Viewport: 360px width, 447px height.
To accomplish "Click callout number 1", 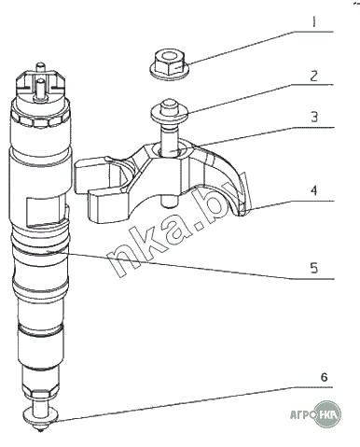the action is pos(313,21).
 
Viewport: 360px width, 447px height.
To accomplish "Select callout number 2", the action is pos(314,76).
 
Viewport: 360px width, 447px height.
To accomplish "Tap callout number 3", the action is pos(314,117).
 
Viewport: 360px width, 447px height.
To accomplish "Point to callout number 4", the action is pos(314,190).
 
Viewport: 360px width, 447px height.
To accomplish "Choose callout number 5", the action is pos(314,268).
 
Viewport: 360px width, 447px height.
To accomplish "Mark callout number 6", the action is pos(324,377).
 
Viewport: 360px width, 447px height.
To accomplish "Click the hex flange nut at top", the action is pos(169,63).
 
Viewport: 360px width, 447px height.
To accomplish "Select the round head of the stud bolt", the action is pos(169,111).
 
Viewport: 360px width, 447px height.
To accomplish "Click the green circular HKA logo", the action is pos(327,414).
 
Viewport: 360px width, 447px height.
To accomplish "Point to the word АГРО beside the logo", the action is pos(301,414).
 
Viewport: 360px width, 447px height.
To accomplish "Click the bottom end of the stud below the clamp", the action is pos(169,203).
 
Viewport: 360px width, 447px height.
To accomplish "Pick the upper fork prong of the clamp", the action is pos(90,175).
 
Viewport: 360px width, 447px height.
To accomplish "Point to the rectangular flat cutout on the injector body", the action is pos(46,211).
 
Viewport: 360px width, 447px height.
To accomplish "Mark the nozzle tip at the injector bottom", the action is pos(40,428).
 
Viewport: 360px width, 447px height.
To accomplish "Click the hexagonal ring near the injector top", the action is pos(40,120).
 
